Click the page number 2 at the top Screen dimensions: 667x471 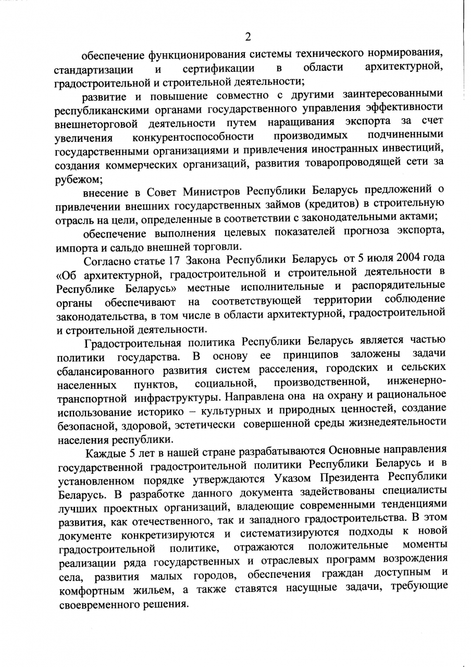click(248, 36)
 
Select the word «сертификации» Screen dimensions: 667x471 click(218, 69)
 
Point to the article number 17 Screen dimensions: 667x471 click(175, 260)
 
